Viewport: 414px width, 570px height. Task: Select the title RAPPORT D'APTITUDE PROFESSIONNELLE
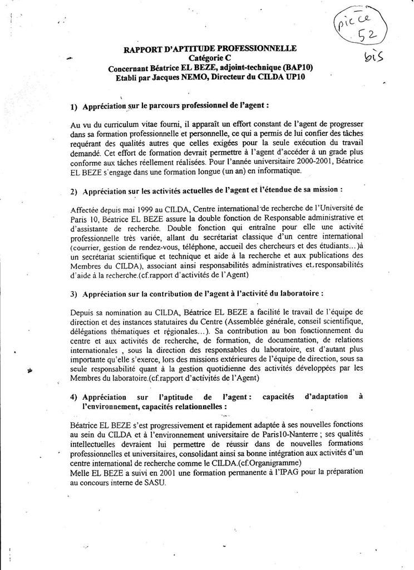tap(210, 48)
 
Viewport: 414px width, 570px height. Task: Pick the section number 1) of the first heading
tap(75, 106)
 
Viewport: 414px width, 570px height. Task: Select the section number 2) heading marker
tap(75, 191)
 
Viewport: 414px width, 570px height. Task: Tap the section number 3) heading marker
tap(75, 293)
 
